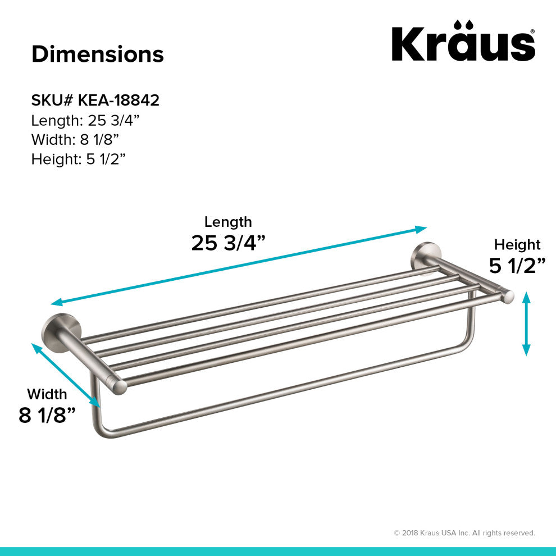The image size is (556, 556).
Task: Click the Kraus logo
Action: pos(463,42)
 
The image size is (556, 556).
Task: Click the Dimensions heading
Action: pos(97,54)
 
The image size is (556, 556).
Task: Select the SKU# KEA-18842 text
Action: pos(95,101)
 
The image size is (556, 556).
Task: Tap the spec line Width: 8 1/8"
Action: pos(75,140)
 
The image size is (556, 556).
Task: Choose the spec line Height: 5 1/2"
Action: pos(78,159)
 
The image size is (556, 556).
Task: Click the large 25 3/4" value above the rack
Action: pos(228,243)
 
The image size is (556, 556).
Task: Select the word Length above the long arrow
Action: pos(228,222)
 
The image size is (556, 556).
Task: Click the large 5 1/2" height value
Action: pos(517,265)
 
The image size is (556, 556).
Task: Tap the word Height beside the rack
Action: pos(517,245)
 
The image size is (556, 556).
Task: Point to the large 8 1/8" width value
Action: pos(47,416)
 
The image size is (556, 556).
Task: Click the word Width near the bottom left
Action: pos(47,394)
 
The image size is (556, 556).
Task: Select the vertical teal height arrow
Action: pos(526,323)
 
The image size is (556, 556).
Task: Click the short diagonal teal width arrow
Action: pos(66,375)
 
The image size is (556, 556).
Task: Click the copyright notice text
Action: pos(464,533)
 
